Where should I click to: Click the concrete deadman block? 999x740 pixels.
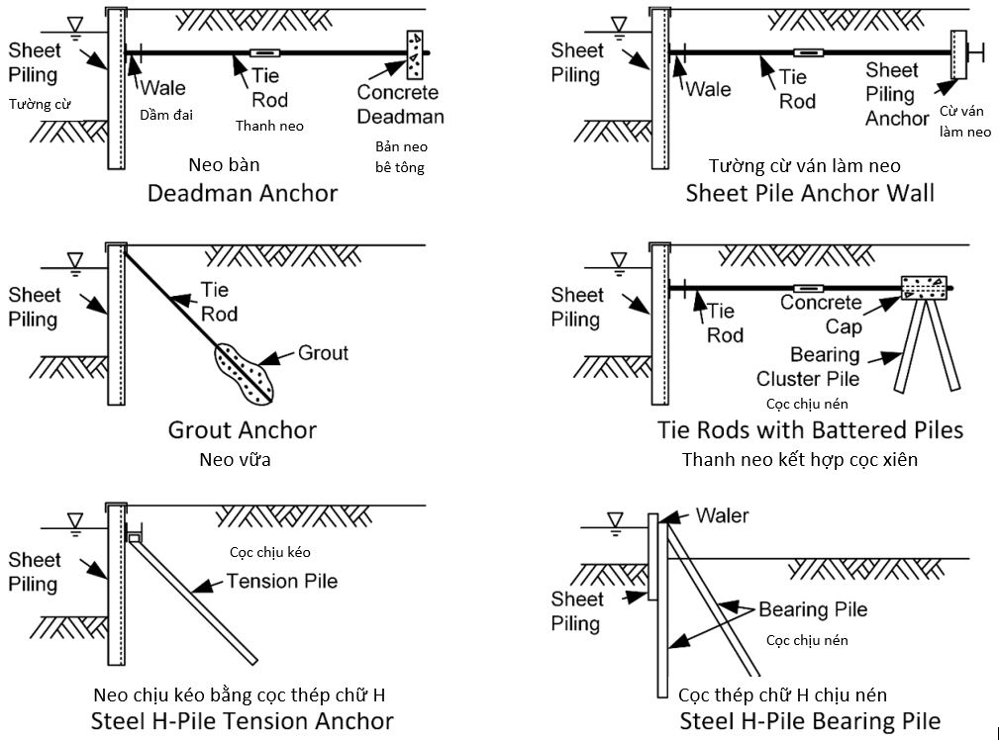pyautogui.click(x=415, y=54)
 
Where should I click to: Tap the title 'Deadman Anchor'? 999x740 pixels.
pyautogui.click(x=243, y=193)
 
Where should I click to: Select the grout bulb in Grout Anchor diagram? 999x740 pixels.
pyautogui.click(x=245, y=374)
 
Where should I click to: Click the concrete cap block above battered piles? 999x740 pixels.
pyautogui.click(x=924, y=288)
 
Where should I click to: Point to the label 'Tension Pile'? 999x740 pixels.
pyautogui.click(x=282, y=581)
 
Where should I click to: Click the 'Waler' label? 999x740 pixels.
pyautogui.click(x=723, y=515)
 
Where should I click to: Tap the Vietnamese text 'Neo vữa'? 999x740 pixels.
pyautogui.click(x=235, y=459)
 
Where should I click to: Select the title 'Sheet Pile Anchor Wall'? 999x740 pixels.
pyautogui.click(x=810, y=193)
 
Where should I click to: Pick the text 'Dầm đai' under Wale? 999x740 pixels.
pyautogui.click(x=166, y=115)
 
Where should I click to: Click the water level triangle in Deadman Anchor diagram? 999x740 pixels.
pyautogui.click(x=75, y=26)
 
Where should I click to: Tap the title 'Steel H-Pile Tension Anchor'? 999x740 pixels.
pyautogui.click(x=243, y=721)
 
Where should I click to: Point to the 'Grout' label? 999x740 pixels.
pyautogui.click(x=323, y=353)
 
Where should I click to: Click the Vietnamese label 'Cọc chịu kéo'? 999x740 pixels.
pyautogui.click(x=270, y=552)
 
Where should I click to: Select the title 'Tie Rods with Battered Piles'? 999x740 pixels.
pyautogui.click(x=811, y=430)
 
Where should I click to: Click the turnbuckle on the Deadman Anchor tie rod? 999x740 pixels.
pyautogui.click(x=264, y=52)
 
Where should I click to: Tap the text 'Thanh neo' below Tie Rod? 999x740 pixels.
pyautogui.click(x=269, y=126)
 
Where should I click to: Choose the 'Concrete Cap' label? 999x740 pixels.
pyautogui.click(x=821, y=314)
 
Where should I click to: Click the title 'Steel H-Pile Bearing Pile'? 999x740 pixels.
pyautogui.click(x=810, y=721)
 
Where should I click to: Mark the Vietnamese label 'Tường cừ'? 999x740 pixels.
pyautogui.click(x=40, y=104)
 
